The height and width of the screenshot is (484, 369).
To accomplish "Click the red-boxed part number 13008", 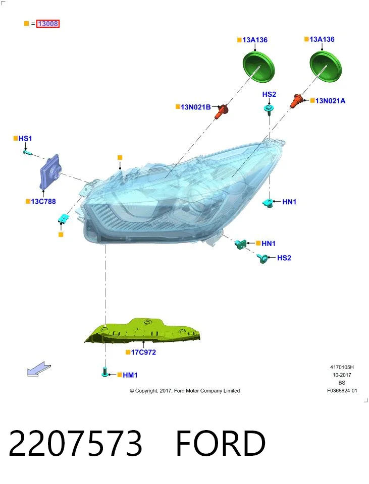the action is (x=48, y=24).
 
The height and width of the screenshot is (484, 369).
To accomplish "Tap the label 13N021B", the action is (x=196, y=107).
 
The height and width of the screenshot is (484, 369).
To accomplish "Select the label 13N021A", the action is (x=330, y=101).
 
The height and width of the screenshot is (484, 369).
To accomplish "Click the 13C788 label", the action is (x=43, y=202).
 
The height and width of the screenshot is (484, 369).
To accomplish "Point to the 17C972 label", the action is (x=143, y=352).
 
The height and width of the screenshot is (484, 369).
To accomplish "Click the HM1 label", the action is (x=130, y=375).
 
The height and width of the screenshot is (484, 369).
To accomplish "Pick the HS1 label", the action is (x=25, y=138).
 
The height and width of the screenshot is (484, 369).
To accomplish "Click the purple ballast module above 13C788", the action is (x=50, y=171).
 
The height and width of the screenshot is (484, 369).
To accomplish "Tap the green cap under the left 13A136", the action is (x=258, y=67).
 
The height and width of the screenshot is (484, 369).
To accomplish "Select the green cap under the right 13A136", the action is (x=326, y=67).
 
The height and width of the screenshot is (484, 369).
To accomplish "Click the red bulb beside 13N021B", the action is (x=221, y=111).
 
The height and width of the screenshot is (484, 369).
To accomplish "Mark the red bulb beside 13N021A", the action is (x=296, y=101).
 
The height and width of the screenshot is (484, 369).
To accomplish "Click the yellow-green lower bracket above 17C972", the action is (x=143, y=331).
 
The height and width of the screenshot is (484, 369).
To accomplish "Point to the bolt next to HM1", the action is (x=105, y=372).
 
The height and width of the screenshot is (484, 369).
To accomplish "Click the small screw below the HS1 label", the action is (x=27, y=152).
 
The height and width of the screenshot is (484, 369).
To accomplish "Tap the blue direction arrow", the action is (x=39, y=369).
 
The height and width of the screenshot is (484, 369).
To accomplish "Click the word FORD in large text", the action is (x=221, y=443).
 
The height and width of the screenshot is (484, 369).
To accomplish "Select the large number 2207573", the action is (x=75, y=443).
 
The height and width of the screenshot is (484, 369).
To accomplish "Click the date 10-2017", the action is (x=342, y=375).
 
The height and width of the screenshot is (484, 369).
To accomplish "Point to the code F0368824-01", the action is (x=342, y=390).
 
